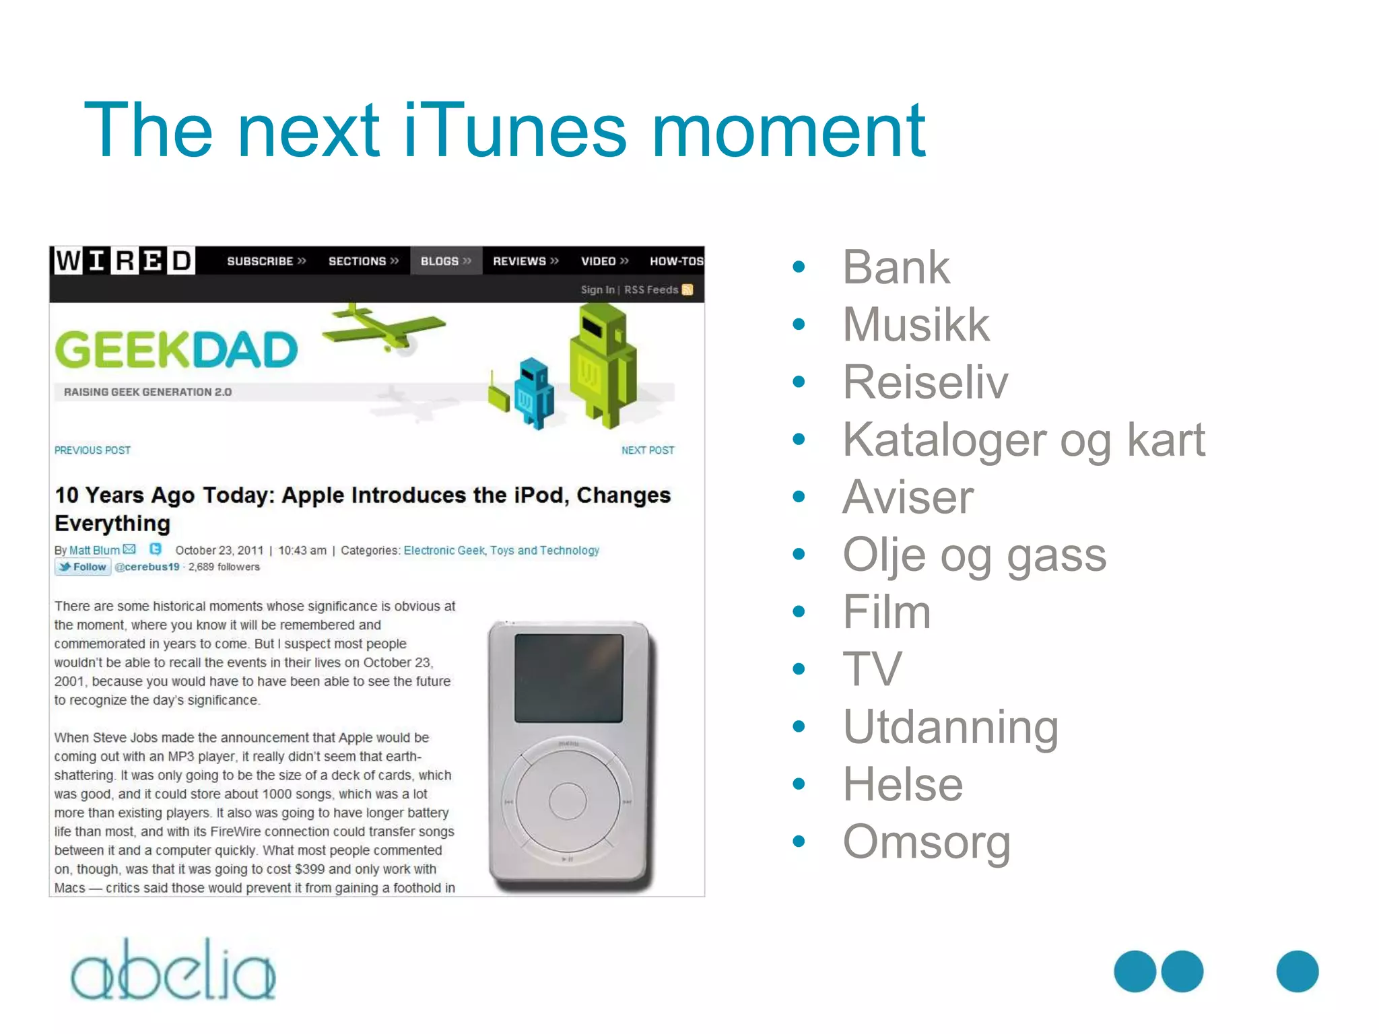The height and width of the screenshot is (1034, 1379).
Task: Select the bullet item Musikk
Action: coord(916,324)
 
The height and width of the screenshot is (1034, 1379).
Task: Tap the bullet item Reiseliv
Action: coord(924,382)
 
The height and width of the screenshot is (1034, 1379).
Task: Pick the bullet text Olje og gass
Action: coord(974,555)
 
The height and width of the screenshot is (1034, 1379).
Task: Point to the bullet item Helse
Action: coord(902,784)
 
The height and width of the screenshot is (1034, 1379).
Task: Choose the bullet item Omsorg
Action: coord(926,842)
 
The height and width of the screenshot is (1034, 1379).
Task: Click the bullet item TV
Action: coord(871,669)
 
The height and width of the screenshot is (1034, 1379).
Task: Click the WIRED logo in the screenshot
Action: coord(124,261)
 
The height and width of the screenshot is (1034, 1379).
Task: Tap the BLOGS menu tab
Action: coord(445,261)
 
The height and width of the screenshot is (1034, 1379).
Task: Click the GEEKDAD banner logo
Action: coord(176,350)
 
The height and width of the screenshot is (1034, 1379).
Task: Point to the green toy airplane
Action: coord(382,327)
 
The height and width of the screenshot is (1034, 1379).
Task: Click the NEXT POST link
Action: coord(647,450)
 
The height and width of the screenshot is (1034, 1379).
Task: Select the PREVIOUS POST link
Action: coord(92,450)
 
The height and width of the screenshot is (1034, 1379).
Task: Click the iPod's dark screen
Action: coord(568,678)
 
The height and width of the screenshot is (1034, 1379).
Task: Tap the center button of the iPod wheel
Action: coord(568,801)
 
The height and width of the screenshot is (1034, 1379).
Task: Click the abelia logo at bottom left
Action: coord(173,971)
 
